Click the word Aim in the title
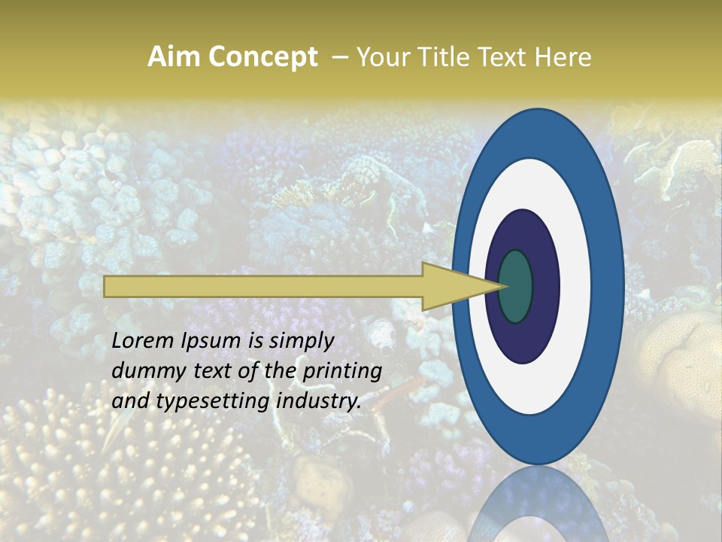(174, 56)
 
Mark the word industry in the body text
(319, 401)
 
